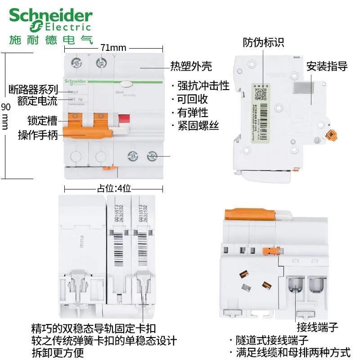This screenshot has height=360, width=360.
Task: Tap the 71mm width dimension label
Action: (113, 47)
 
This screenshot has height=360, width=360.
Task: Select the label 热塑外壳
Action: (191, 67)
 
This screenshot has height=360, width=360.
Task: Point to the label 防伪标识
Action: (263, 43)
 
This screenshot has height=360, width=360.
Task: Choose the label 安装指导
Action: (327, 67)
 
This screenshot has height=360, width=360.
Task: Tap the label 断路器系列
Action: (34, 89)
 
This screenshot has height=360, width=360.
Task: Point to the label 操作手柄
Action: (38, 135)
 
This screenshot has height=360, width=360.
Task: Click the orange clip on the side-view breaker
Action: (333, 135)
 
